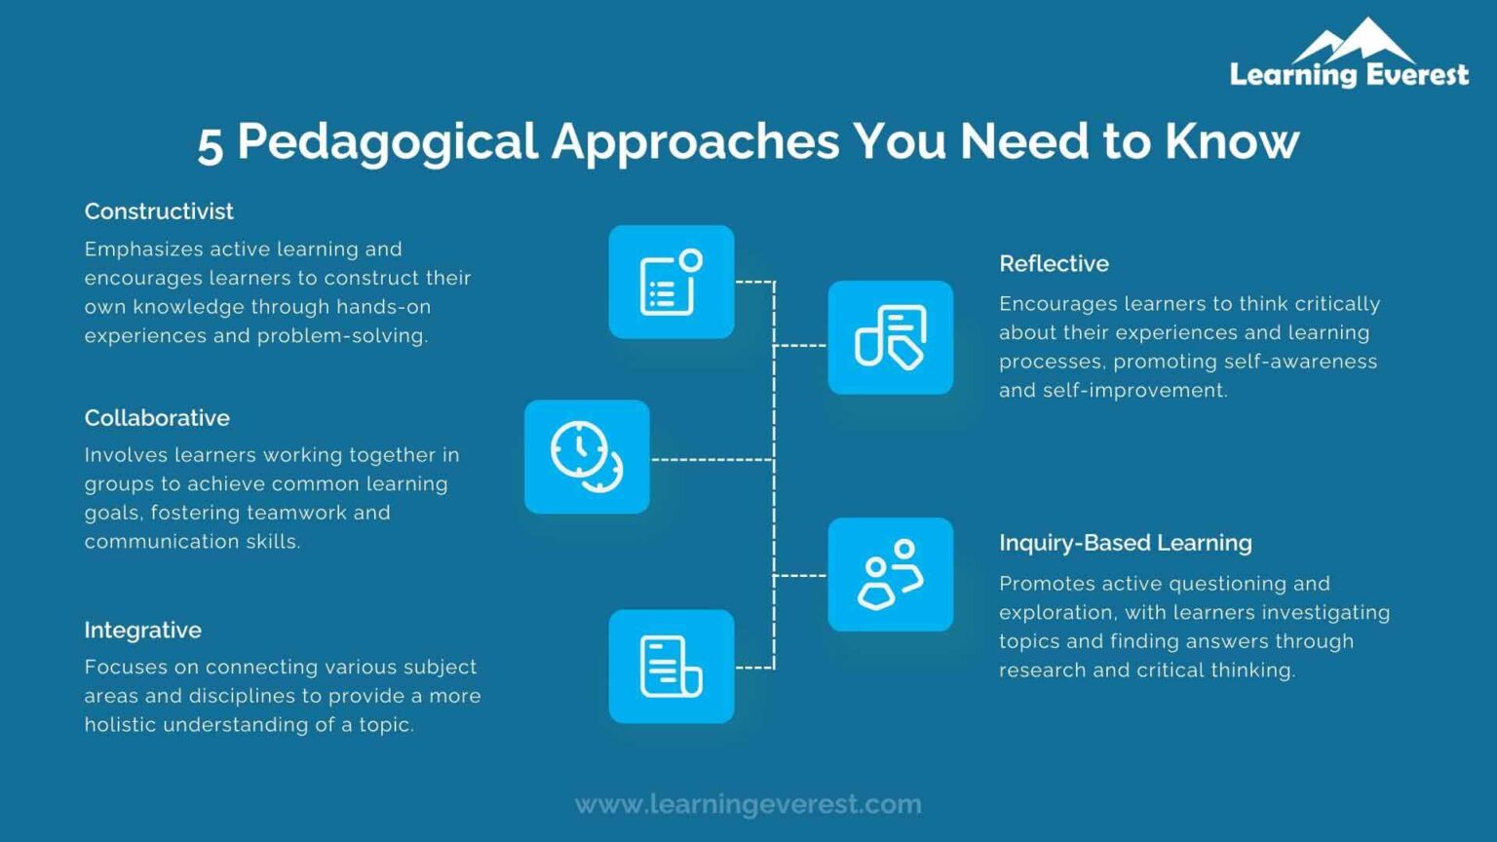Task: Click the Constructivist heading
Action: (x=159, y=211)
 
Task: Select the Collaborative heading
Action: (x=157, y=418)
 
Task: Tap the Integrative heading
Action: (x=142, y=631)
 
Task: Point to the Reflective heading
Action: (x=1054, y=264)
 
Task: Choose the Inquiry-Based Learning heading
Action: (x=1125, y=543)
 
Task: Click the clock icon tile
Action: (x=587, y=456)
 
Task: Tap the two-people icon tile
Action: (x=890, y=574)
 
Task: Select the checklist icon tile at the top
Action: (x=671, y=283)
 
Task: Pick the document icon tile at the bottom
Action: (x=671, y=666)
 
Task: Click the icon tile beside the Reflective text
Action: (x=890, y=337)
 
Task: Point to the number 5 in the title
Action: (x=211, y=144)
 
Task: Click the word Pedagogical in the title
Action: (x=387, y=142)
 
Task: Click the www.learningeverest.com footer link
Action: (x=748, y=804)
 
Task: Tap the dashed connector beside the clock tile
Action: (x=711, y=458)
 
